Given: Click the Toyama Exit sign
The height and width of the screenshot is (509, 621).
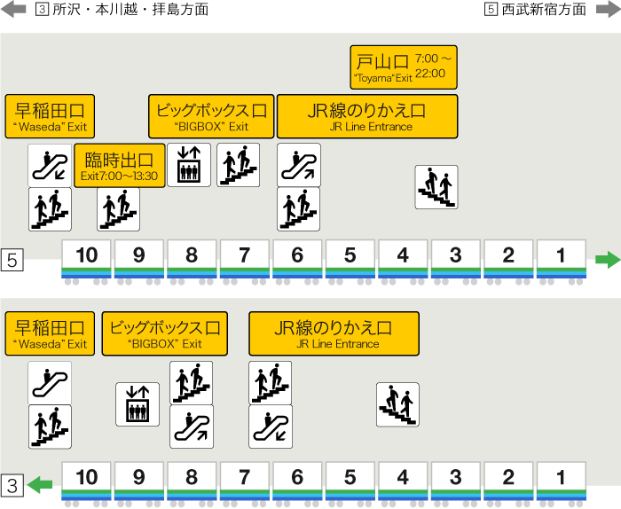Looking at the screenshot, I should click(x=404, y=67).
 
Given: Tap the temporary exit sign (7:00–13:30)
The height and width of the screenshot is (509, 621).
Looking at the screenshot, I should click(x=120, y=165).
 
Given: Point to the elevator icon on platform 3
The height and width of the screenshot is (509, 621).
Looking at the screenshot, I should click(x=138, y=404).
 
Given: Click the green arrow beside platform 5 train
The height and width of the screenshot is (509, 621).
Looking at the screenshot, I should click(x=607, y=260).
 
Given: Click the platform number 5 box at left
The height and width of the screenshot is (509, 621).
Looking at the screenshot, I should click(x=12, y=261).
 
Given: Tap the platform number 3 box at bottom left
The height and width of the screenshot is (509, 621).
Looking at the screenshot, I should click(x=12, y=485).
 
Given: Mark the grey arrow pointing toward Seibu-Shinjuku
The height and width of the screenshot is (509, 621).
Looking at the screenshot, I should click(x=606, y=9).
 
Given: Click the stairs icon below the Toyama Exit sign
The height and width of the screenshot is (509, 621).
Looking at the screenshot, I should click(x=436, y=187).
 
